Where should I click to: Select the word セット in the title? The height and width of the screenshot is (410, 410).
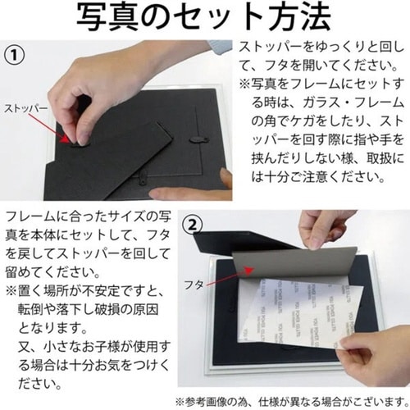click(210, 17)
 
